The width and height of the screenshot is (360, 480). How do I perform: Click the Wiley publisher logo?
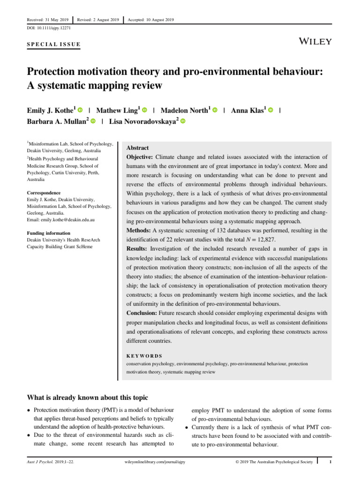[x=315, y=41]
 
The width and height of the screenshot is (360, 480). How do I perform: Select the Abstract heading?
[x=138, y=148]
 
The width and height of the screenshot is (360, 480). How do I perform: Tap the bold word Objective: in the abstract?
[x=140, y=157]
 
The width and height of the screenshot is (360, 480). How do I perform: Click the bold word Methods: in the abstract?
[x=138, y=230]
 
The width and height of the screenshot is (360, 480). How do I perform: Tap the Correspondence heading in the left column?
[x=44, y=193]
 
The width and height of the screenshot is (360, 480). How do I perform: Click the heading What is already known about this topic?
[x=88, y=397]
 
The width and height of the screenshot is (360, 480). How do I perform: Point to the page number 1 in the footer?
[x=330, y=462]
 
